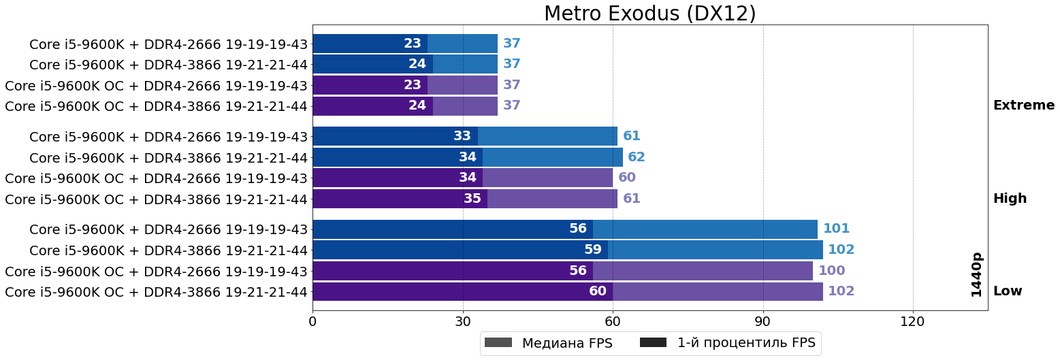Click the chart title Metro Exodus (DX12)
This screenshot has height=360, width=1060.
[650, 14]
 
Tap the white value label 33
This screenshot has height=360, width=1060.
[462, 136]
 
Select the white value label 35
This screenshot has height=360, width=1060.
[472, 199]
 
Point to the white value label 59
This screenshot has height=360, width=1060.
[593, 250]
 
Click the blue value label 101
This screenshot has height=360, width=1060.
[837, 229]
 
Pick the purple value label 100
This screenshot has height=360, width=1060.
[831, 271]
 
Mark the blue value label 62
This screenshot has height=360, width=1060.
[637, 157]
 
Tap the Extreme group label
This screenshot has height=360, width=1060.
[1024, 105]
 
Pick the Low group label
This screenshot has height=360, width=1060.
[1008, 291]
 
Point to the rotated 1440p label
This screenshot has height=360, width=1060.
[977, 274]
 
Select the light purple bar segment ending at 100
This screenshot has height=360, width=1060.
[703, 271]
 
